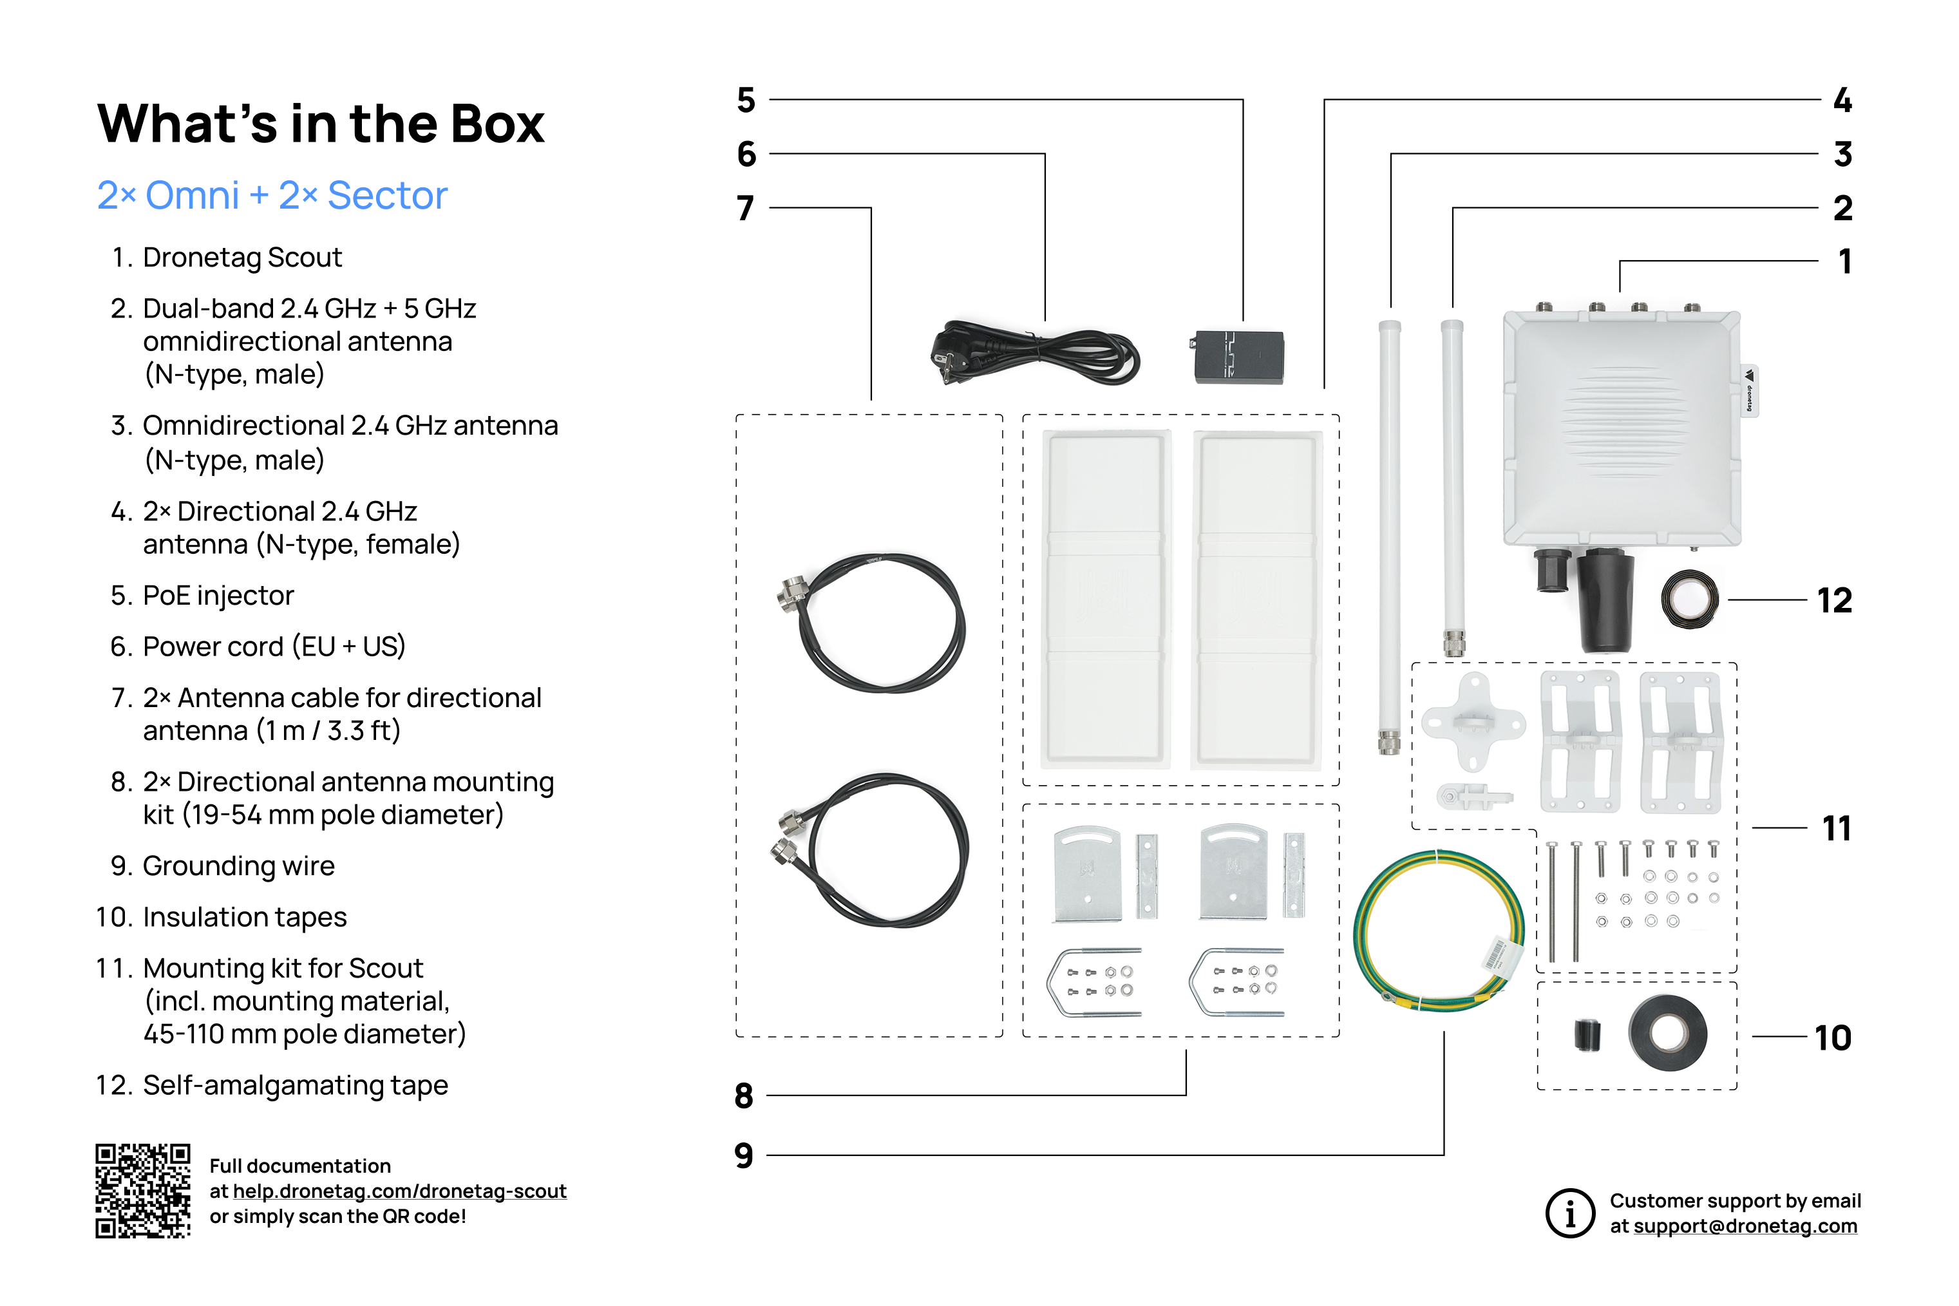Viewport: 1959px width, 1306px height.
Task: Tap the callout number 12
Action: (1834, 601)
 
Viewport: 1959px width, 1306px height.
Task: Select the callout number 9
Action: (744, 1155)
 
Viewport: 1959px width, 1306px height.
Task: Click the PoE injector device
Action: (1238, 357)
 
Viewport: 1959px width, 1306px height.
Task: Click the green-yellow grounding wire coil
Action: (1439, 931)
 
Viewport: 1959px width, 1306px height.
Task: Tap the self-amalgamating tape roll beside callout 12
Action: (1689, 599)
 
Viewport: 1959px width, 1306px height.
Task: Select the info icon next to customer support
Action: (1569, 1213)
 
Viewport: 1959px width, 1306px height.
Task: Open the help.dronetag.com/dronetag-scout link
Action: (399, 1191)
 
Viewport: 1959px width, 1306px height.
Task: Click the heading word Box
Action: (497, 124)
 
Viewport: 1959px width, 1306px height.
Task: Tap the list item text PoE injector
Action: (218, 596)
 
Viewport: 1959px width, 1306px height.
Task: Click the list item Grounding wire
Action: (238, 866)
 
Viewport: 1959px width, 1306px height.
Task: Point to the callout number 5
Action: (746, 100)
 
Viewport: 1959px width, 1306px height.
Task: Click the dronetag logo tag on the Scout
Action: (1749, 390)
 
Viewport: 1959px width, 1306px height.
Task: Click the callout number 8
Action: (744, 1096)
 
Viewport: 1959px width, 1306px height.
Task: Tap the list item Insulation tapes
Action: (244, 917)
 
